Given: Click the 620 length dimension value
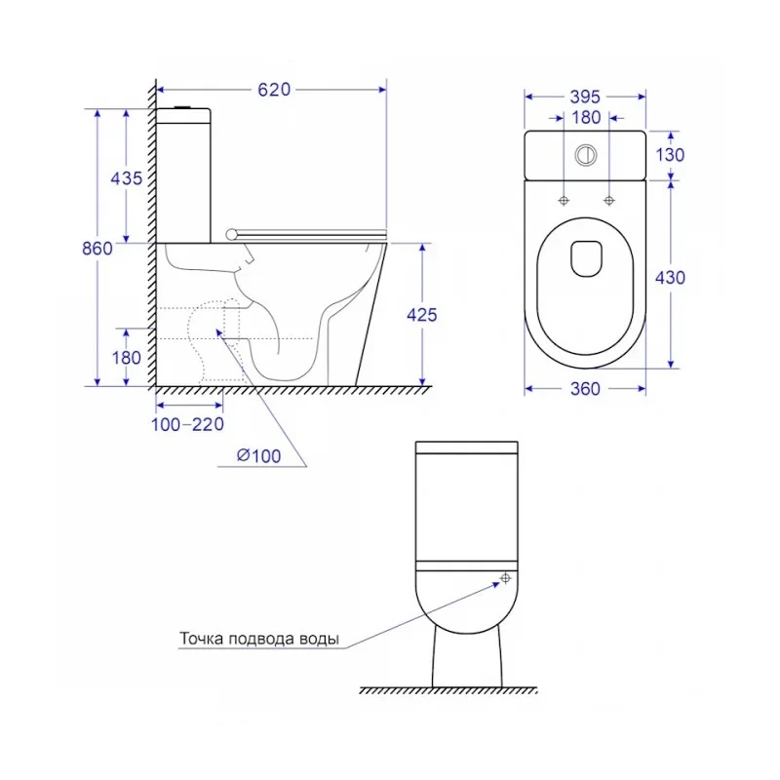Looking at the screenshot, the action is pos(274,90).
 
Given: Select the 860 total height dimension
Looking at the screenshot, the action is pos(97,249).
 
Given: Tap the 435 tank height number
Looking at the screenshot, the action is pos(127,178).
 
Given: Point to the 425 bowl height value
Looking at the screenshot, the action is pos(422,315).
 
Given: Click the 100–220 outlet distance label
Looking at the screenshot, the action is pos(187,424).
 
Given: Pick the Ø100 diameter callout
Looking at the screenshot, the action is pos(258,455).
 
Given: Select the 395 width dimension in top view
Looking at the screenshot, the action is pos(585,97).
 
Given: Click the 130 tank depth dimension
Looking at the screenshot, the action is pos(670,155).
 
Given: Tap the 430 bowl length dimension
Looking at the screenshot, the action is pos(670,278).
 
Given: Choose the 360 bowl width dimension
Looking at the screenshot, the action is pos(585,388).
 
